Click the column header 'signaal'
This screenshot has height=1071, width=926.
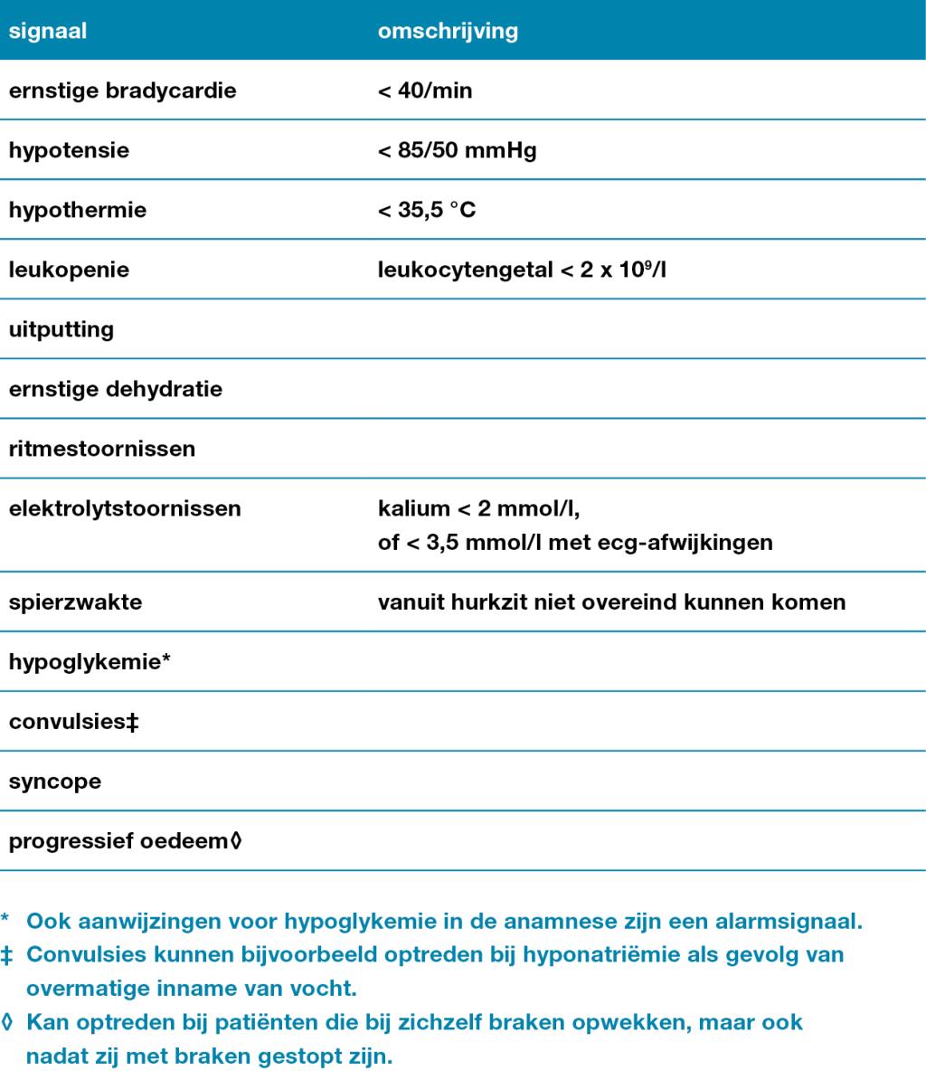[x=48, y=31]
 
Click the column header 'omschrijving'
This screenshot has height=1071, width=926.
[x=448, y=31]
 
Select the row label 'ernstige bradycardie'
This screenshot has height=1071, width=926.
[x=122, y=90]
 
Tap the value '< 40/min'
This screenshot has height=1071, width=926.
[x=425, y=90]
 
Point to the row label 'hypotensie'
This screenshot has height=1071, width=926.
[x=69, y=150]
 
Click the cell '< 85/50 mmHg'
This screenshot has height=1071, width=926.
[x=457, y=150]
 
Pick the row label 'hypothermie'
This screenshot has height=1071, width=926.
[x=77, y=210]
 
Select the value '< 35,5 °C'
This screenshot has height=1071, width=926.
[x=427, y=210]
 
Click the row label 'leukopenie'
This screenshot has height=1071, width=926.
[x=69, y=270]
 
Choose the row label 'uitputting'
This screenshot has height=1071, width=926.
[x=61, y=329]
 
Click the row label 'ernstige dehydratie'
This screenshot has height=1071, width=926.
[x=116, y=389]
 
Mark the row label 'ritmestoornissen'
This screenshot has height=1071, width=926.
[x=102, y=449]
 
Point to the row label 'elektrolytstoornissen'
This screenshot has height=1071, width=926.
[x=125, y=508]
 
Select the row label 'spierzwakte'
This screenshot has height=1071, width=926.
[x=75, y=602]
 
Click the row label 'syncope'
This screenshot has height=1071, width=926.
[x=55, y=782]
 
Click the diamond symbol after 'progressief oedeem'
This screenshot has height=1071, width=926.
[x=237, y=841]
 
